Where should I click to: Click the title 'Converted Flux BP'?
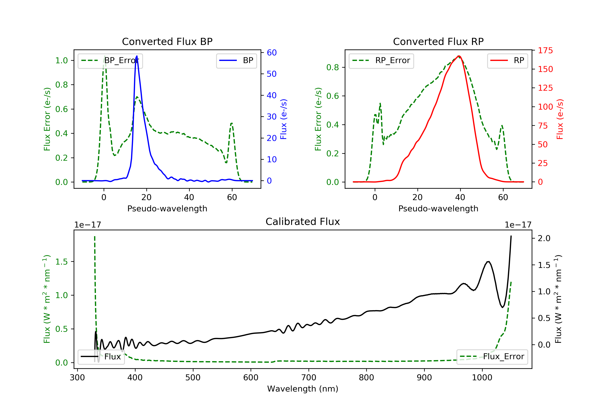pyautogui.click(x=167, y=41)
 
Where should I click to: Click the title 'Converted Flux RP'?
pyautogui.click(x=438, y=41)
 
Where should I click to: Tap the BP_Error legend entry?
pyautogui.click(x=110, y=61)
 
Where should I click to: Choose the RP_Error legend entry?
pyautogui.click(x=381, y=61)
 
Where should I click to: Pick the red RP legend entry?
pyautogui.click(x=507, y=61)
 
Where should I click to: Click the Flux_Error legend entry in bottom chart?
pyautogui.click(x=492, y=357)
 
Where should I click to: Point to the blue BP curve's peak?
pyautogui.click(x=137, y=56)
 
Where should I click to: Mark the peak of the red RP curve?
pyautogui.click(x=459, y=56)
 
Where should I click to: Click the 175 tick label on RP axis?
pyautogui.click(x=545, y=50)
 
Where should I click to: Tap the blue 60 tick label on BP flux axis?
pyautogui.click(x=271, y=53)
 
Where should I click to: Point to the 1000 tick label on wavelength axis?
pyautogui.click(x=482, y=378)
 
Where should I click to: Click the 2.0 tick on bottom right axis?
pyautogui.click(x=544, y=238)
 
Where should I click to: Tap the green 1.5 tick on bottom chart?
pyautogui.click(x=61, y=262)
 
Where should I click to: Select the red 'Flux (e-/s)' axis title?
pyautogui.click(x=560, y=119)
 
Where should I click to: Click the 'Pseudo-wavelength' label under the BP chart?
pyautogui.click(x=167, y=208)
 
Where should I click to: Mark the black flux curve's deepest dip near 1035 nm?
pyautogui.click(x=503, y=307)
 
